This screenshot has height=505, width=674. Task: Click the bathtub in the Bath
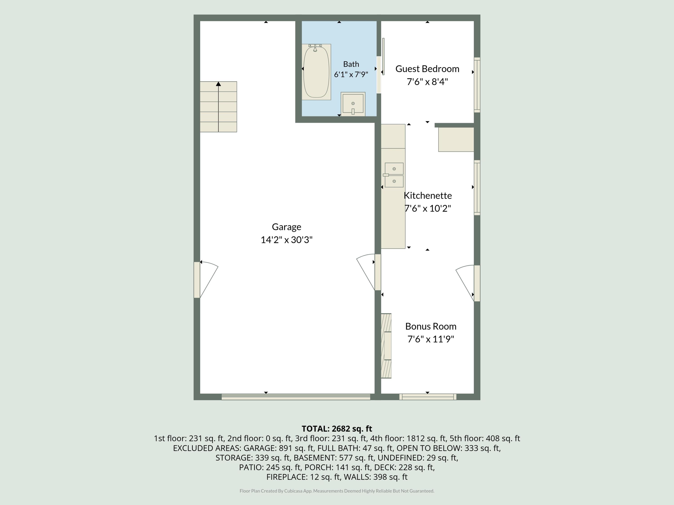pyautogui.click(x=316, y=72)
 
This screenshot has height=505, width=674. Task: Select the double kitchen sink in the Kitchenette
pyautogui.click(x=394, y=175)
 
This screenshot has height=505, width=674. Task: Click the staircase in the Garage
pyautogui.click(x=218, y=107)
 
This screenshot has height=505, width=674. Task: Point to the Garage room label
pyautogui.click(x=286, y=227)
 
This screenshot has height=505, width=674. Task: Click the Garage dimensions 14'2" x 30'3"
pyautogui.click(x=286, y=240)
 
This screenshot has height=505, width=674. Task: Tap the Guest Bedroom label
pyautogui.click(x=427, y=69)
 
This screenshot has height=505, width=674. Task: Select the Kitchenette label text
pyautogui.click(x=428, y=195)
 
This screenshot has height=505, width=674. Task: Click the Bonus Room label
pyautogui.click(x=430, y=326)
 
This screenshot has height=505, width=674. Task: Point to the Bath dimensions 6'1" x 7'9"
pyautogui.click(x=351, y=75)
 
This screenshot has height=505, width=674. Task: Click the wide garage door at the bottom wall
pyautogui.click(x=296, y=397)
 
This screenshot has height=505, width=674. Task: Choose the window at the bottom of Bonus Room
pyautogui.click(x=428, y=397)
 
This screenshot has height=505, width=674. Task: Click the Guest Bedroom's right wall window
pyautogui.click(x=477, y=85)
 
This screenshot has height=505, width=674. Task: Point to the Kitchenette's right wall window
pyautogui.click(x=477, y=187)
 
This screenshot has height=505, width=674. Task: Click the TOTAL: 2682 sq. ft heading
pyautogui.click(x=337, y=429)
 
